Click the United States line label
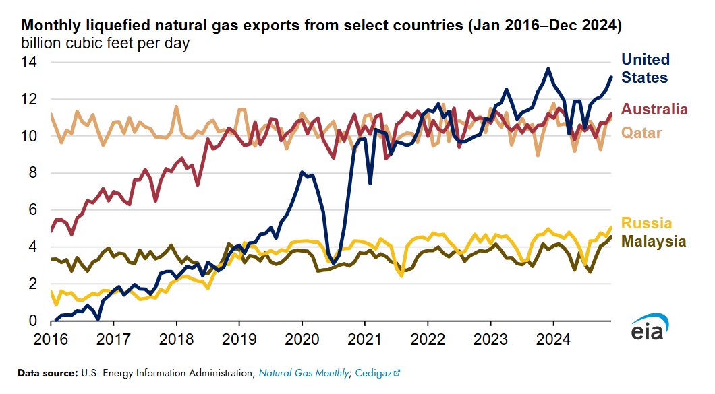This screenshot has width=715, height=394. pyautogui.click(x=645, y=68)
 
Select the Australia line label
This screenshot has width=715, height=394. pyautogui.click(x=654, y=109)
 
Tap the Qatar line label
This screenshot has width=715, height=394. pyautogui.click(x=641, y=132)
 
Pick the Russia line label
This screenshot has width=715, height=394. pyautogui.click(x=646, y=223)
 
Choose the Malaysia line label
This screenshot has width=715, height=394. pyautogui.click(x=654, y=240)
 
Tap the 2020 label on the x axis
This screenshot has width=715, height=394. pyautogui.click(x=302, y=337)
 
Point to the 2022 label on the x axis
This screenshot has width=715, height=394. pyautogui.click(x=428, y=337)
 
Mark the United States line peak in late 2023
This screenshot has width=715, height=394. pyautogui.click(x=548, y=69)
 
